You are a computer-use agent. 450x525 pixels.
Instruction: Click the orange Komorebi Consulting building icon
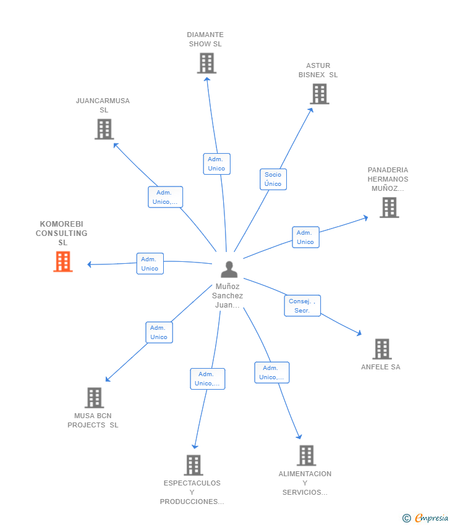[x=62, y=262]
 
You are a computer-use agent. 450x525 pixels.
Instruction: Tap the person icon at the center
[x=229, y=269]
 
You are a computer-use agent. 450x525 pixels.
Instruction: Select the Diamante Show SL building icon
[x=206, y=63]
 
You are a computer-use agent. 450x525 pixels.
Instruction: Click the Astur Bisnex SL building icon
[x=319, y=94]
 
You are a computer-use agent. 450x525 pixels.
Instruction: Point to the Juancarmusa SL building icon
[x=104, y=129]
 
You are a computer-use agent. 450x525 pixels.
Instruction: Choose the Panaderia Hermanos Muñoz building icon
[x=389, y=208]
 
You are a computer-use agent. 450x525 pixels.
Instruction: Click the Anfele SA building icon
[x=382, y=349]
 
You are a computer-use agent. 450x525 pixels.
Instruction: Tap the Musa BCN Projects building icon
[x=94, y=398]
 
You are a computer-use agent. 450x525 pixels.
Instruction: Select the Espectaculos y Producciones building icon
[x=193, y=465]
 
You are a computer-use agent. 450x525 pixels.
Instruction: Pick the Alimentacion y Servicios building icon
[x=306, y=455]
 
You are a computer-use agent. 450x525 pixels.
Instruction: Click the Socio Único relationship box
[x=273, y=179]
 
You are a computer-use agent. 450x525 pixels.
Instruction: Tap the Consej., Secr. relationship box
[x=302, y=306]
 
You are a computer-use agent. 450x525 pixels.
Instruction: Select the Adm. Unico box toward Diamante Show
[x=216, y=164]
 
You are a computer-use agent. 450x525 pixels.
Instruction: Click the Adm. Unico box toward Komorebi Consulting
[x=150, y=264]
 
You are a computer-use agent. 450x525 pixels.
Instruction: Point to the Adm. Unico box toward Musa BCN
[x=159, y=332]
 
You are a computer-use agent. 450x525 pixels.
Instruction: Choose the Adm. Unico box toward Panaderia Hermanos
[x=305, y=237]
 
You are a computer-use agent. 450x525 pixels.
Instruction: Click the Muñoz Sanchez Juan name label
[x=229, y=296]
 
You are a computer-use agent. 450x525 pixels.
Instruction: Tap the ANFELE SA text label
[x=381, y=367]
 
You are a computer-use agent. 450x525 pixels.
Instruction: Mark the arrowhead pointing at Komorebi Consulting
[x=90, y=264]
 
